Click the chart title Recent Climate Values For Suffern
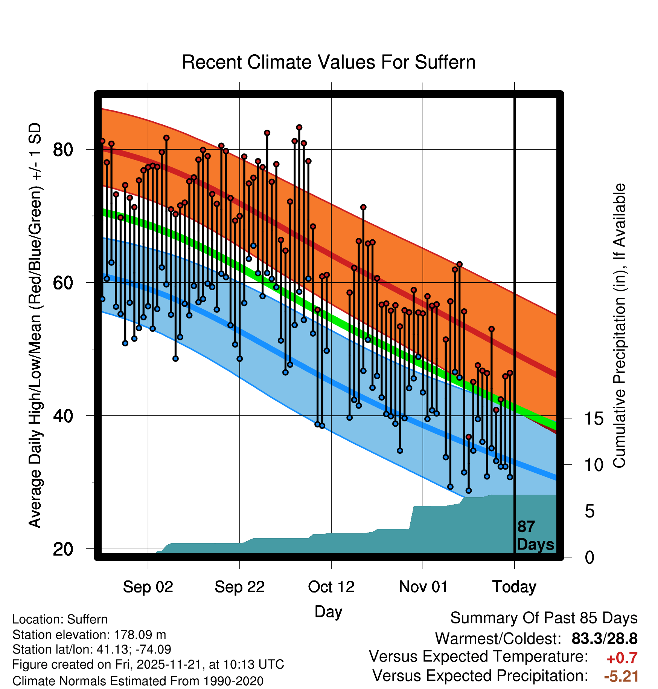click(329, 62)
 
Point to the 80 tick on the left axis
click(63, 150)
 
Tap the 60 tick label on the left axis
click(63, 283)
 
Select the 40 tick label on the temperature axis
click(63, 416)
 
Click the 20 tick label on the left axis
click(63, 549)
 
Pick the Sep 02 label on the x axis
click(148, 587)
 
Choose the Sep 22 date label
click(240, 587)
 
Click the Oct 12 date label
click(331, 587)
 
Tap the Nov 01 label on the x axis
click(423, 587)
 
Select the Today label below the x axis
click(514, 587)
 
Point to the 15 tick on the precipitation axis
click(594, 418)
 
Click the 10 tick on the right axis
click(594, 465)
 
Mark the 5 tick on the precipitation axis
click(590, 511)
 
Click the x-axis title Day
click(328, 611)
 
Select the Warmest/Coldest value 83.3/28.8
click(604, 638)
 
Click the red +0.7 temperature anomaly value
click(622, 658)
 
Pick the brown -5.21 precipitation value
click(621, 676)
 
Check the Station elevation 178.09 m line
click(89, 635)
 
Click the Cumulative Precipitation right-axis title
click(620, 326)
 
